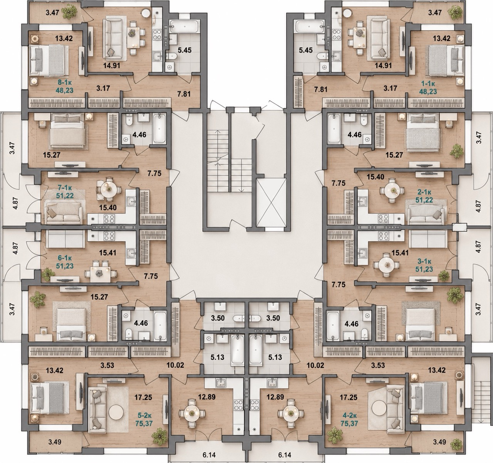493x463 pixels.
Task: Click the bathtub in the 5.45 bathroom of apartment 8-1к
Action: [185, 26]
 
